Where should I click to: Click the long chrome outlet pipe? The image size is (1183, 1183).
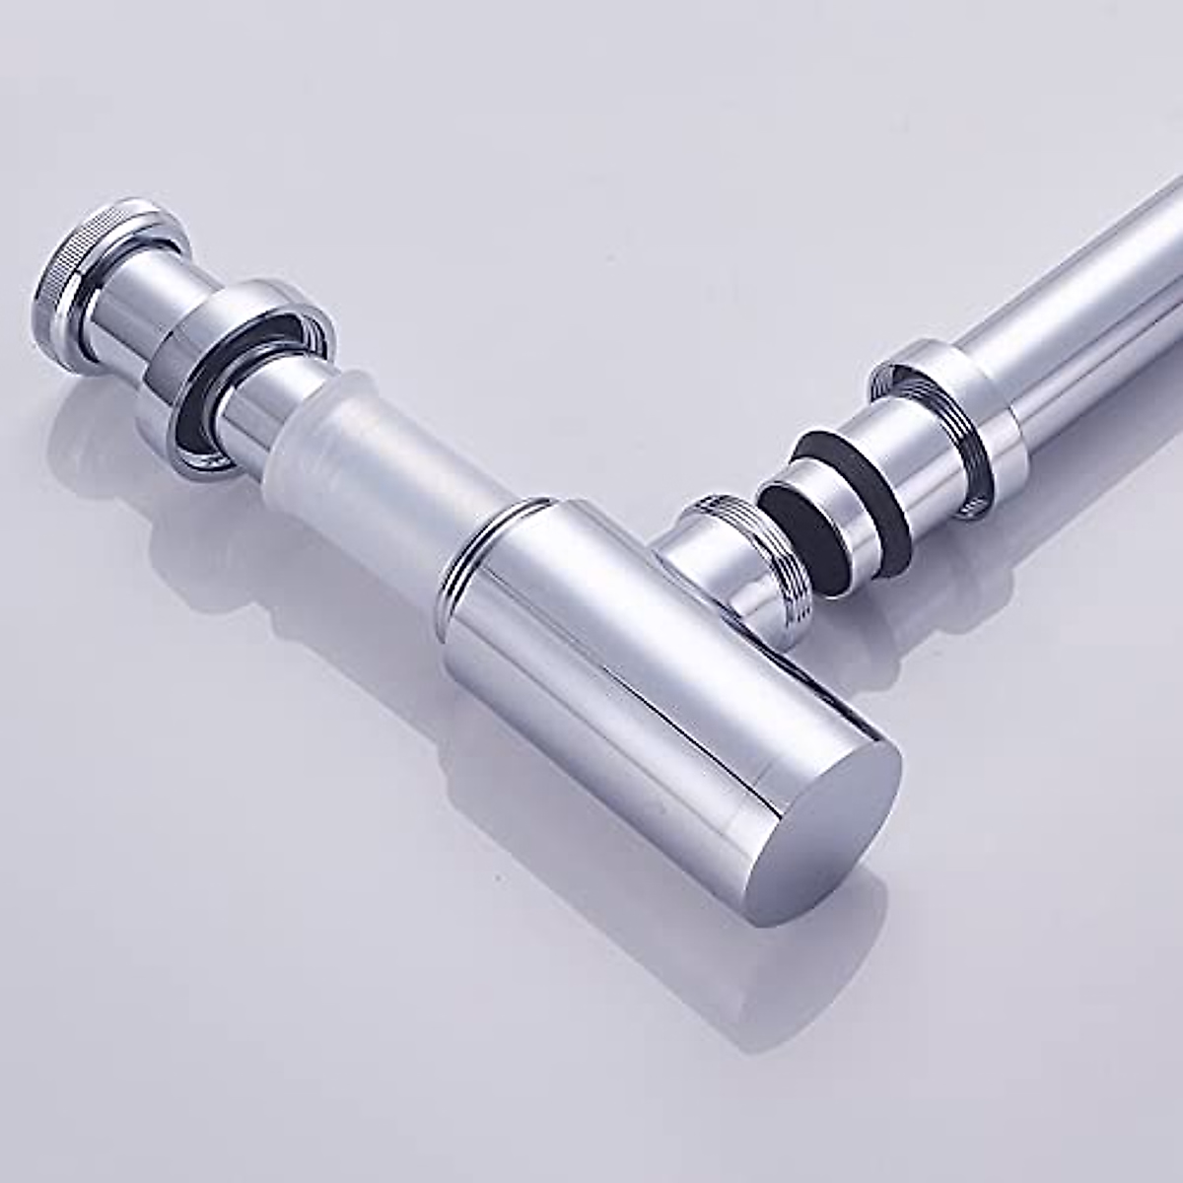coord(1084,296)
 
